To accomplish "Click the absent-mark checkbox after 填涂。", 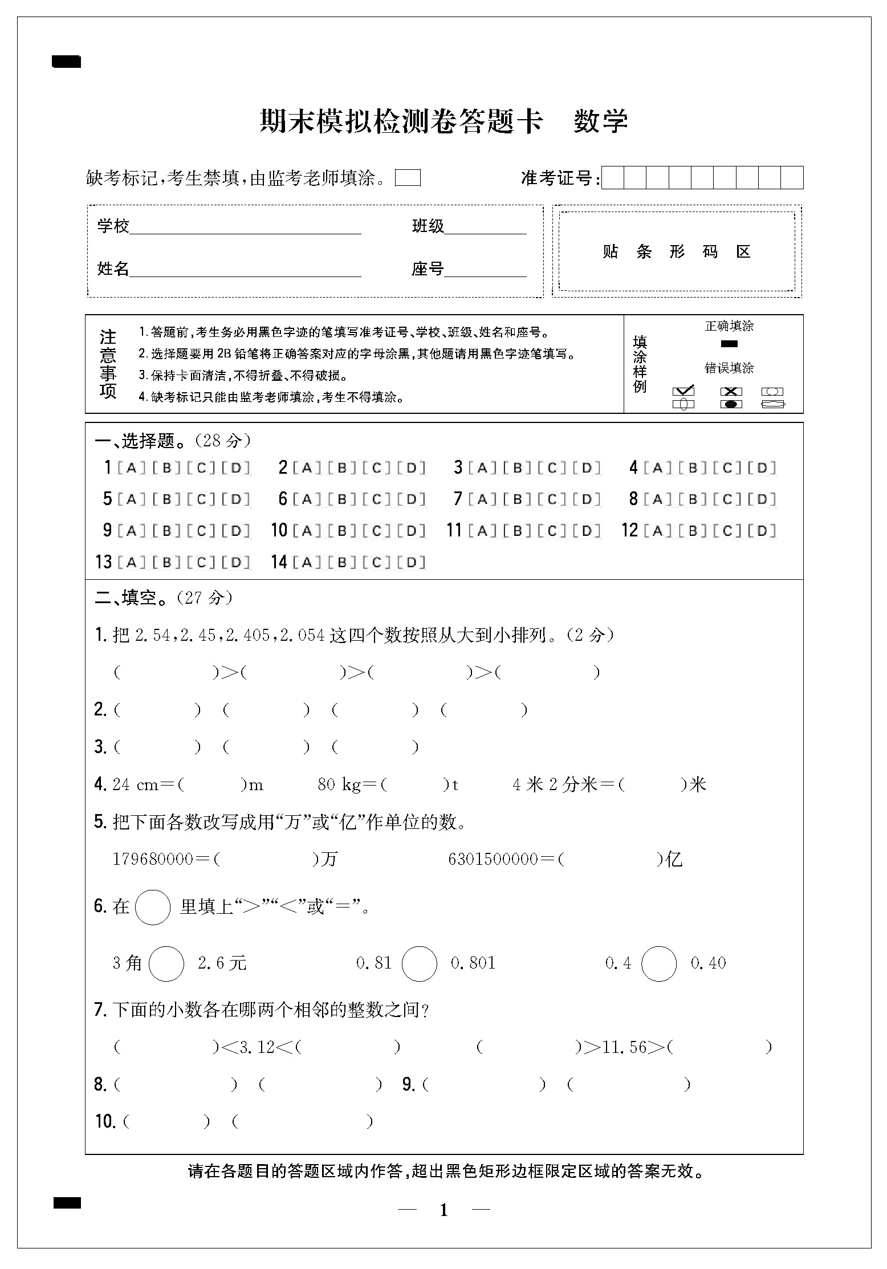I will (x=408, y=178).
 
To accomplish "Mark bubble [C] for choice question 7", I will (x=551, y=499).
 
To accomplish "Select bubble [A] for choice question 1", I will (x=131, y=468).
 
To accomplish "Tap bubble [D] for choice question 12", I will (x=762, y=531).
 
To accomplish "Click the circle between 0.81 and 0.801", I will (x=419, y=963).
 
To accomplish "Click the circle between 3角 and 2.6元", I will (x=166, y=963).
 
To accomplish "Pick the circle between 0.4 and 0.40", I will (x=658, y=963).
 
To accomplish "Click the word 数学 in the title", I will (x=600, y=121).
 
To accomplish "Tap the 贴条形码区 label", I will (x=677, y=251).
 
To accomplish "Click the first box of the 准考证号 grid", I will (x=613, y=178).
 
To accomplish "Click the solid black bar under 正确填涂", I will (x=729, y=344).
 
